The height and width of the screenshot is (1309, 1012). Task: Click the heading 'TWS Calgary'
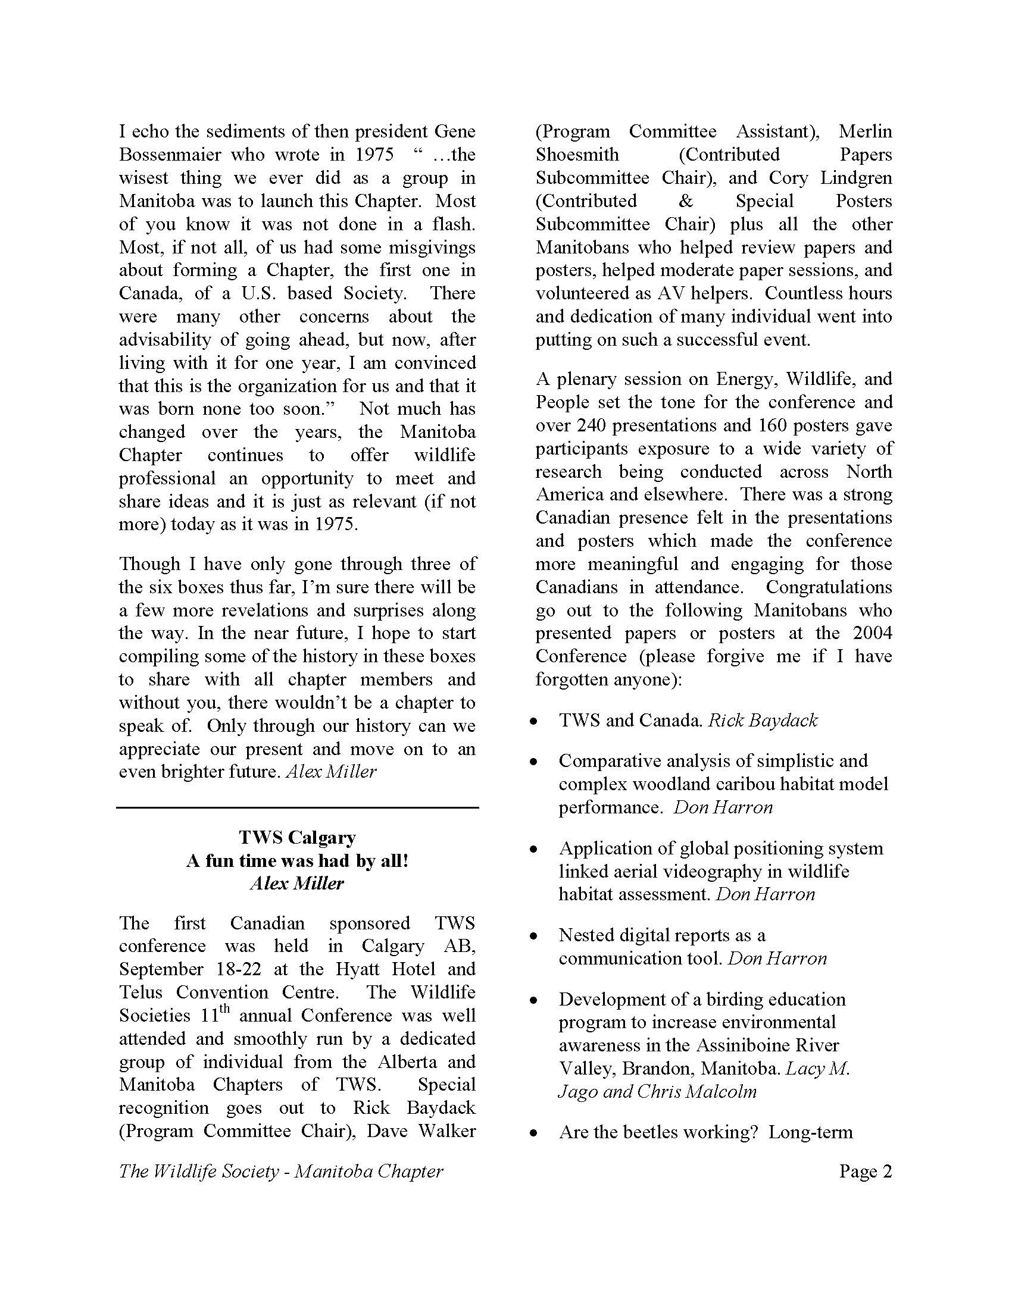pos(297,837)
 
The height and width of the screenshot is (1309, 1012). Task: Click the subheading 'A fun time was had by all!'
pos(297,861)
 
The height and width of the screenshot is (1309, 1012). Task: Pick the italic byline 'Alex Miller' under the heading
pos(297,884)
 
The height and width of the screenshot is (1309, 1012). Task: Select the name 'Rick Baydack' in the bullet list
pos(763,720)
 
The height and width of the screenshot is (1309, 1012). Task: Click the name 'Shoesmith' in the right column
pos(577,155)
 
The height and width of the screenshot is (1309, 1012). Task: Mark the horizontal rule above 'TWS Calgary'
pos(297,808)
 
